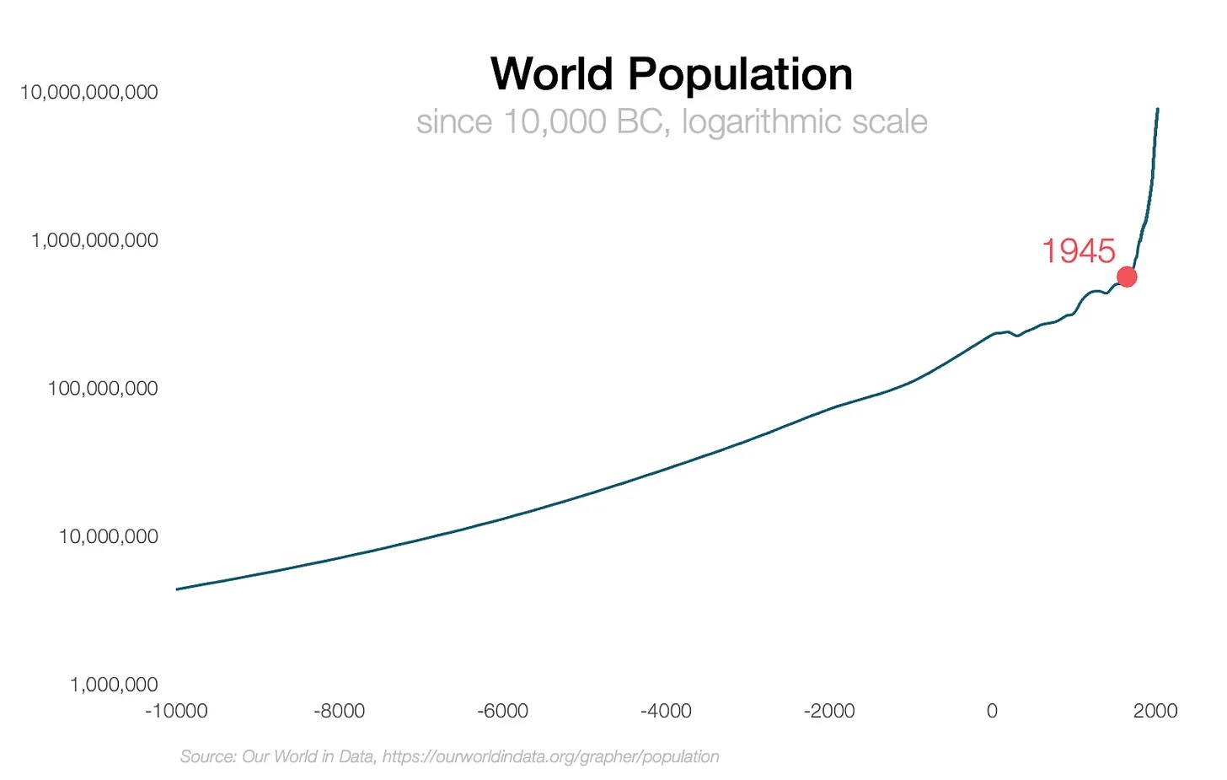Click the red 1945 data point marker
(x=1126, y=277)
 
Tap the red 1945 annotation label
(x=1078, y=250)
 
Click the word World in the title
(x=551, y=74)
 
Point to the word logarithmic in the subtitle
(x=762, y=122)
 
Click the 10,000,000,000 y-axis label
(x=88, y=92)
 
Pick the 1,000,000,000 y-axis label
(x=94, y=240)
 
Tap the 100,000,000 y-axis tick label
(x=103, y=389)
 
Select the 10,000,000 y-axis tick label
(x=108, y=536)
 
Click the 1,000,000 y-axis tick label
(x=114, y=685)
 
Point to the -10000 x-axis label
(x=176, y=711)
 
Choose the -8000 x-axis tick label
(x=339, y=711)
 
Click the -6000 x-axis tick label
(x=502, y=711)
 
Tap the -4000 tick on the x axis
(x=666, y=711)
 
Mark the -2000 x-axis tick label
(x=829, y=711)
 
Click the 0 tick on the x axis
(x=992, y=711)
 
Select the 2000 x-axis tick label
(x=1155, y=711)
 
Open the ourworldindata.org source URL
(x=550, y=756)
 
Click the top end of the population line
(x=1157, y=110)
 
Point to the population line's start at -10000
(x=177, y=589)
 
